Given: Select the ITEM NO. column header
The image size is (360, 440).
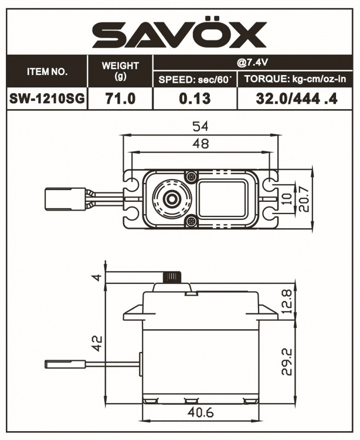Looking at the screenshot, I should [x=47, y=72].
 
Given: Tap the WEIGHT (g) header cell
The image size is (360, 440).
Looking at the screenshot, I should [x=120, y=72].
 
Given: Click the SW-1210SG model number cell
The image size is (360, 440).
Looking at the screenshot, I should [x=47, y=99].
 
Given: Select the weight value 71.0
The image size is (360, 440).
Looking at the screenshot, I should [x=120, y=99].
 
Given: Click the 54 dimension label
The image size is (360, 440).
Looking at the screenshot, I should [x=201, y=126].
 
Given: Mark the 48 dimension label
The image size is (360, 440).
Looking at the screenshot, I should [x=201, y=144].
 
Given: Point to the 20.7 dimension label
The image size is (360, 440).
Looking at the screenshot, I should [x=301, y=199].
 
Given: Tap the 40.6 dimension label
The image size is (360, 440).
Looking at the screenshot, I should [x=201, y=413].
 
